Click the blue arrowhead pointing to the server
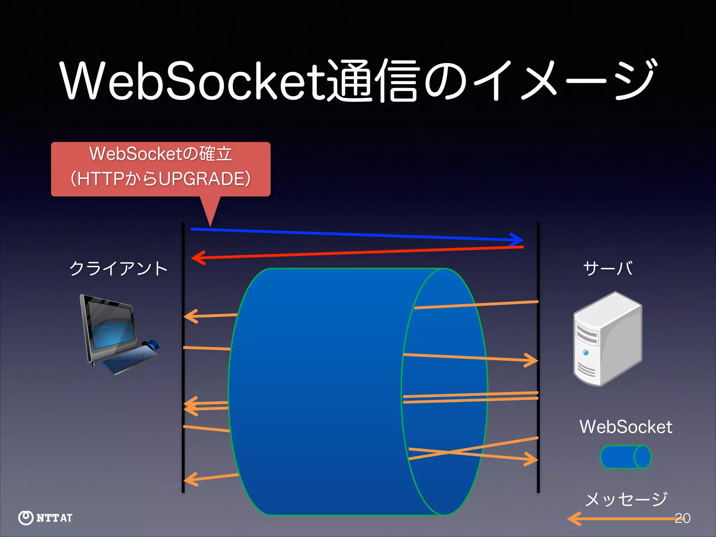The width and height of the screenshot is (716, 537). point(517,239)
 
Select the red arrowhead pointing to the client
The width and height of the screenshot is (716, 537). point(198,258)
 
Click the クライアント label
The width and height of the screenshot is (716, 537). point(118,268)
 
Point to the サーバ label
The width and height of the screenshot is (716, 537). point(608,268)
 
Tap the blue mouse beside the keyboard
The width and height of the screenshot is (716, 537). point(150,344)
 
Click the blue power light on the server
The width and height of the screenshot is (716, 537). point(586,353)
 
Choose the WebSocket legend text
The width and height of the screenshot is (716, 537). point(626,427)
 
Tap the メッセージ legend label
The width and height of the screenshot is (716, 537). point(626,499)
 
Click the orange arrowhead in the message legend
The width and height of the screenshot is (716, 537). point(573,518)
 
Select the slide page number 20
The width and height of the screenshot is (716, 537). point(682,518)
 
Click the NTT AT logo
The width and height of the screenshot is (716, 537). point(45,518)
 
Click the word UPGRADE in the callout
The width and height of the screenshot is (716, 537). point(204,179)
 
